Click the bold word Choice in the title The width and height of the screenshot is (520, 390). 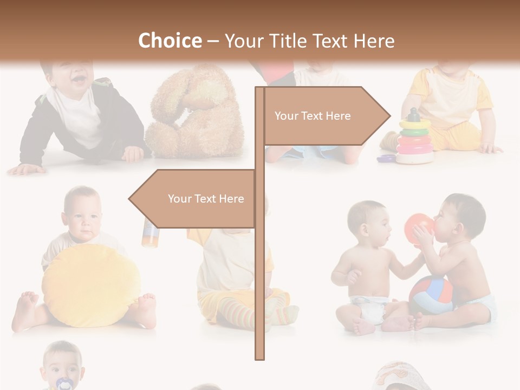tap(169, 41)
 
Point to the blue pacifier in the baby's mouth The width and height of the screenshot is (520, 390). tap(63, 383)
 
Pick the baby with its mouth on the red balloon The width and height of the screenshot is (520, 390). tap(460, 255)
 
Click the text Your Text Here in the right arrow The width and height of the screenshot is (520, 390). tap(313, 116)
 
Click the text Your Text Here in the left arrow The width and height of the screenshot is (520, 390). tap(206, 199)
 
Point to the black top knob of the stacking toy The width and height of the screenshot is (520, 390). tap(414, 115)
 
